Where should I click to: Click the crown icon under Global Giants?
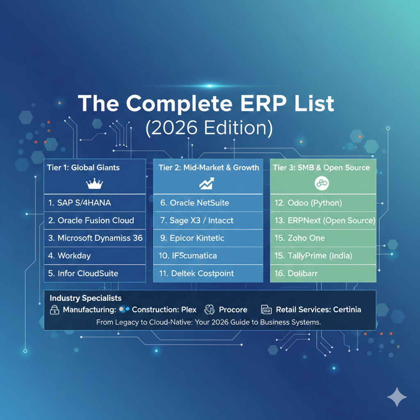point(94,184)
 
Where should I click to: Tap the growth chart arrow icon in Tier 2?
point(207,183)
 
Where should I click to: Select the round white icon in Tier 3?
point(322,183)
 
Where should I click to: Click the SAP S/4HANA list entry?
point(80,203)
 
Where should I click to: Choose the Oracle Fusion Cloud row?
point(91,220)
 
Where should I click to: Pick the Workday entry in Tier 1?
point(69,256)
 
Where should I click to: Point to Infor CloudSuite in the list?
point(83,274)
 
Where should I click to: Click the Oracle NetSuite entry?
point(194,203)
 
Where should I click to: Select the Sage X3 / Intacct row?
point(196,220)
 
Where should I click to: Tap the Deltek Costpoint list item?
point(196,274)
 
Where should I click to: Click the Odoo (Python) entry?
point(308,203)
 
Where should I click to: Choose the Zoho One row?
point(299,238)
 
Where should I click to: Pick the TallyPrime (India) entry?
point(313,256)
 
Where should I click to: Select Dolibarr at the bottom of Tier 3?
point(296,274)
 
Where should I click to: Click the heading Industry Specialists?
point(85,298)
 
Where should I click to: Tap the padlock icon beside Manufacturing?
point(55,310)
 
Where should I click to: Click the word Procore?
point(233,310)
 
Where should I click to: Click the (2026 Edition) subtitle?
point(209,128)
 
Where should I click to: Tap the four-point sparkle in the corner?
point(397,397)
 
